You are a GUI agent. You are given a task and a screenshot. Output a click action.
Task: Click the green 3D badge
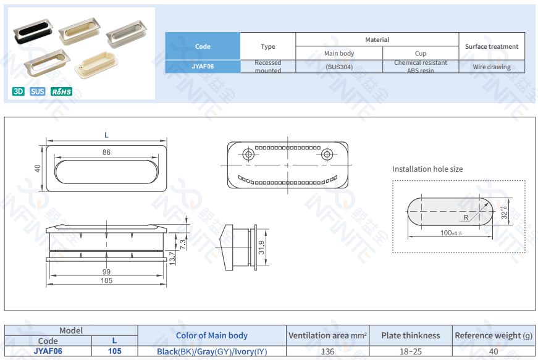pos(19,91)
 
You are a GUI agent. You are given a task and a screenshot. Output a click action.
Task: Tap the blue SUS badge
pos(38,91)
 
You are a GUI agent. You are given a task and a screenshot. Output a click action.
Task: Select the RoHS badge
pos(61,91)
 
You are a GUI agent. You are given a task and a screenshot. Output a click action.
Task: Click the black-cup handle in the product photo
pos(33,31)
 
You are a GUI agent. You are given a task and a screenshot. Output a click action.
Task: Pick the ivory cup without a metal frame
pos(96,65)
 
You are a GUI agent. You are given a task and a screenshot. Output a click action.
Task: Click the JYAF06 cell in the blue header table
pos(203,67)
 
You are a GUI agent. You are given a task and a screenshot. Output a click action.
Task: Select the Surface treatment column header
pos(492,46)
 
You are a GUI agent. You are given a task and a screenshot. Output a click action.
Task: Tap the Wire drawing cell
pos(492,67)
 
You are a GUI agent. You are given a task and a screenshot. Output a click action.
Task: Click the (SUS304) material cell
pos(339,67)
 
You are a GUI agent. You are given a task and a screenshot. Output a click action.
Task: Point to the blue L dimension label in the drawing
pos(106,135)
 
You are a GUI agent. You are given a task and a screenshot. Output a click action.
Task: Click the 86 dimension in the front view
pos(106,153)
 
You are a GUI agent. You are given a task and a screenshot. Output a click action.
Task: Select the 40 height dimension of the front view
pos(37,169)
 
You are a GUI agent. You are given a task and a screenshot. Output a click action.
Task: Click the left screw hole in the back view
pos(248,154)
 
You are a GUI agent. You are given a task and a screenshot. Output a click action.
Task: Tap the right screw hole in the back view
pos(327,154)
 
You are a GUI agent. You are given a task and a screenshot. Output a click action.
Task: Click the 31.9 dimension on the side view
pos(261,248)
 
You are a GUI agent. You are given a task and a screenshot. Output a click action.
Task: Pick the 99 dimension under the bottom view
pos(106,272)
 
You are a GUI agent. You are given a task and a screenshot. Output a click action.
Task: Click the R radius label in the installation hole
pos(466,217)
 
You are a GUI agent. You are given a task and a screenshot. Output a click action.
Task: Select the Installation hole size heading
pos(427,169)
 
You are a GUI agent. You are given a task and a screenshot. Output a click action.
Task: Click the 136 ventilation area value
pos(327,351)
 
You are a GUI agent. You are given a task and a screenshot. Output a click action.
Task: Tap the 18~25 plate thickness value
pos(411,351)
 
